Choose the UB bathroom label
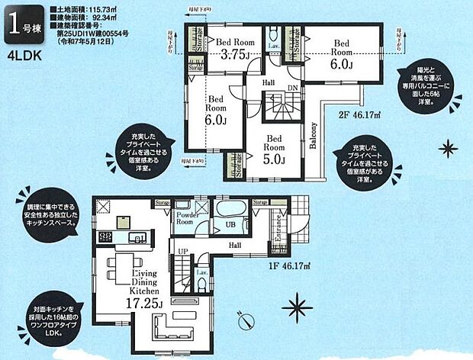[x=230, y=227]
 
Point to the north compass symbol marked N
[x=246, y=326]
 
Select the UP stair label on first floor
[x=183, y=252]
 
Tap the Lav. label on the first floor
[x=202, y=272]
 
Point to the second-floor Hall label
[x=269, y=82]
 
